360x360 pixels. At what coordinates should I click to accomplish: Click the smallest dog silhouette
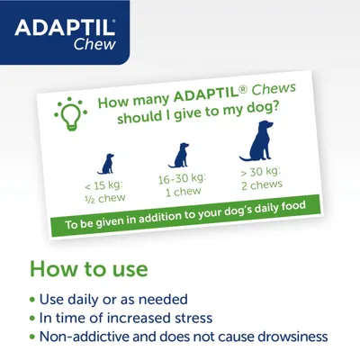105,164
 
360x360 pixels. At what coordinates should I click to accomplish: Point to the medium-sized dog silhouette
181,155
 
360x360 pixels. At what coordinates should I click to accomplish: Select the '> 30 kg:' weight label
262,172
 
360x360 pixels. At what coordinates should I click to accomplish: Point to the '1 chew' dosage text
184,193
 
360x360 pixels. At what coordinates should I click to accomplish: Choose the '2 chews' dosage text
263,184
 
